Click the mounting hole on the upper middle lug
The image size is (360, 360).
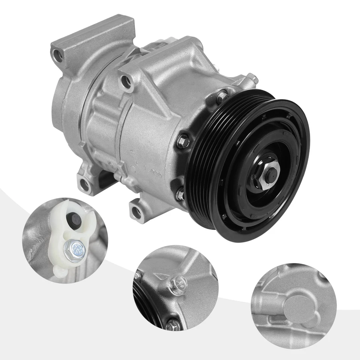[126, 82]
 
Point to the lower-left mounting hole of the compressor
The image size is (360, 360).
[85, 184]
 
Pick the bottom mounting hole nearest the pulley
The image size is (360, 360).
[137, 211]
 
